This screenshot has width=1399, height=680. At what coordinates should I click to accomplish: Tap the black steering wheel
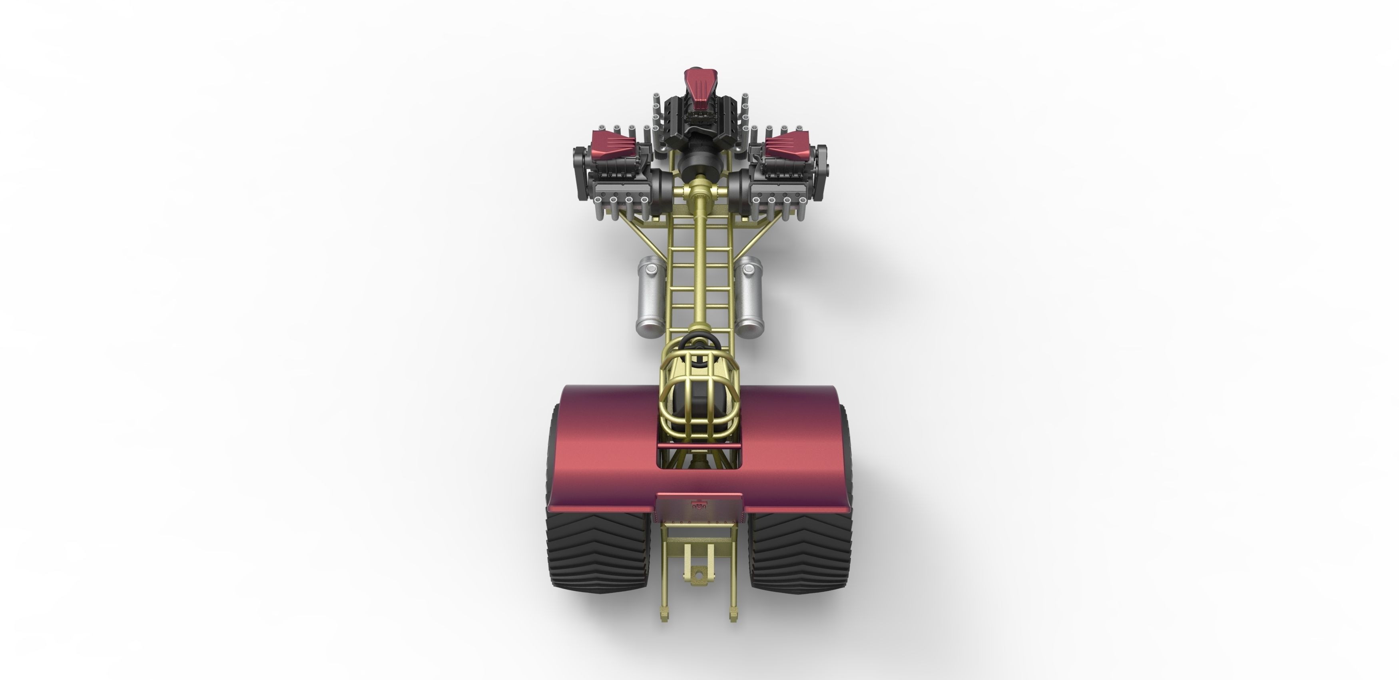coord(699,341)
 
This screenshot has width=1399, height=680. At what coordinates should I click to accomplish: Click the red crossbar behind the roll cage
coord(699,447)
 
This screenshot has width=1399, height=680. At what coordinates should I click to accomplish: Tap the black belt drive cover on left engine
coord(578,168)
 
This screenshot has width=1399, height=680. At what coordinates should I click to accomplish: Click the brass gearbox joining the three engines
coord(699,193)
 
